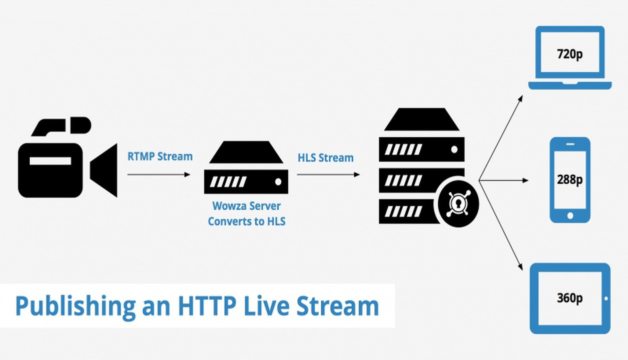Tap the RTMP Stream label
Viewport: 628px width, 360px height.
pos(160,156)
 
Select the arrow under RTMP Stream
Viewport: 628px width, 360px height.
pos(159,174)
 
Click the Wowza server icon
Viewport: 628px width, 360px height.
pos(246,167)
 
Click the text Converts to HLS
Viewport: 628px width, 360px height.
pos(247,221)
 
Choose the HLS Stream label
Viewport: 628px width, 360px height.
pos(325,158)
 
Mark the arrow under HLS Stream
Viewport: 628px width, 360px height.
pos(328,174)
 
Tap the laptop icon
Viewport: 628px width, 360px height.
pos(570,57)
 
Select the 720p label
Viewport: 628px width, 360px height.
pos(569,54)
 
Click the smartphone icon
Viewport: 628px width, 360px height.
pos(570,180)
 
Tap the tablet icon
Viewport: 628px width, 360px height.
pos(570,298)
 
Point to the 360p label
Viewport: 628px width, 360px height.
pos(570,298)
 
